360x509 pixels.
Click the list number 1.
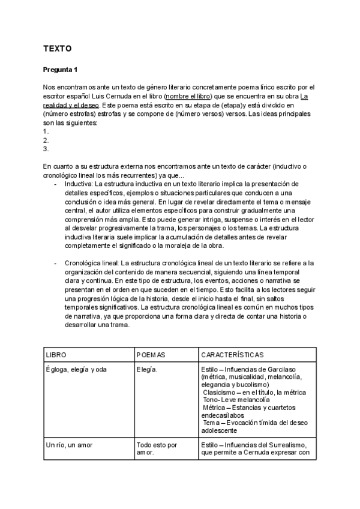point(46,131)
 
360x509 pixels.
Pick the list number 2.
point(46,140)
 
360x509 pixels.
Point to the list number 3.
point(46,149)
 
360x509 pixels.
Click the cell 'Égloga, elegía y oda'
point(76,369)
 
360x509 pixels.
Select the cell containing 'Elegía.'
point(148,369)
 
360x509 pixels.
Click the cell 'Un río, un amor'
point(69,445)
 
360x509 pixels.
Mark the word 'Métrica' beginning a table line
point(216,407)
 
